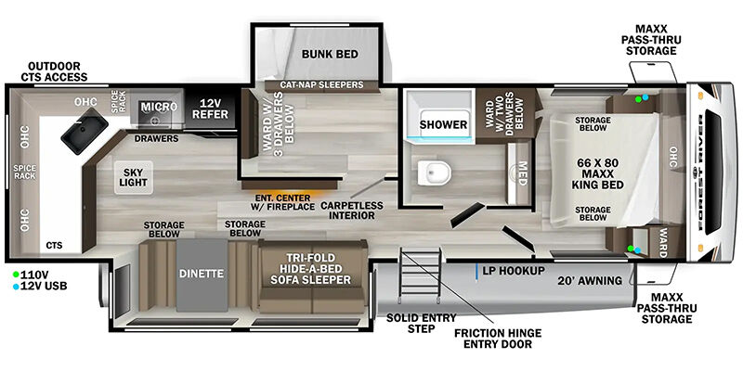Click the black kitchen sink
click(x=85, y=131)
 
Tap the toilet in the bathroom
click(x=434, y=173)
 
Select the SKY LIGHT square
click(x=133, y=177)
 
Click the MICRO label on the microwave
click(x=159, y=107)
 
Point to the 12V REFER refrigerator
click(x=210, y=109)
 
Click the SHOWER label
click(x=443, y=124)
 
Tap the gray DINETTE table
click(x=202, y=275)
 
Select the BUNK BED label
click(x=330, y=54)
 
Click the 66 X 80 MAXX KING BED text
click(x=598, y=173)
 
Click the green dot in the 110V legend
click(x=16, y=274)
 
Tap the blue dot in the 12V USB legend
click(x=16, y=287)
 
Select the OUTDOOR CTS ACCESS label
click(x=54, y=71)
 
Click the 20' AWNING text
click(x=590, y=281)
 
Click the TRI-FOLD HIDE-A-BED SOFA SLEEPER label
click(x=311, y=269)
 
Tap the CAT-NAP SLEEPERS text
click(x=321, y=84)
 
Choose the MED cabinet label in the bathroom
click(x=522, y=173)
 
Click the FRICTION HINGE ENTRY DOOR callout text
click(x=498, y=339)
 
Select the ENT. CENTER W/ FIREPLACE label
click(x=283, y=202)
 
